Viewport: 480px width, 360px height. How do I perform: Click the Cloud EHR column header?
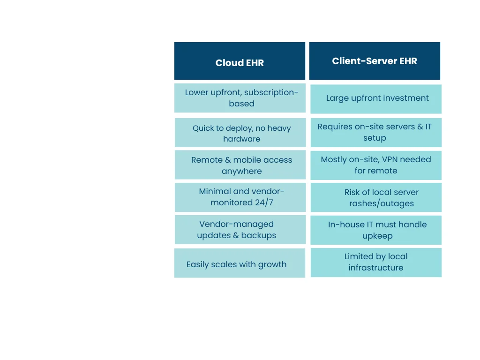[x=240, y=61]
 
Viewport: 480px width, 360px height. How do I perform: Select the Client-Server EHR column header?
[x=375, y=61]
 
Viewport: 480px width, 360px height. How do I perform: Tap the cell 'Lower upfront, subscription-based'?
[x=240, y=98]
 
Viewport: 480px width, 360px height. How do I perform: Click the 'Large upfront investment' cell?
[x=376, y=98]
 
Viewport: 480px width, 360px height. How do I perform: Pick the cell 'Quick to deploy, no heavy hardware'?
[x=240, y=133]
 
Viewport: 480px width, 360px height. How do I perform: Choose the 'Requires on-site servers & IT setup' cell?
[x=376, y=132]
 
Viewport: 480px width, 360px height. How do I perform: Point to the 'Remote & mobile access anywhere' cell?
[x=240, y=165]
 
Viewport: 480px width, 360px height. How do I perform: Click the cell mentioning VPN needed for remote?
[x=376, y=165]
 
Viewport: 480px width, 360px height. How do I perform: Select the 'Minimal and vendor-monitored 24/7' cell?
[x=240, y=197]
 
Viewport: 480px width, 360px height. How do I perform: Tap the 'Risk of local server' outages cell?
[x=376, y=197]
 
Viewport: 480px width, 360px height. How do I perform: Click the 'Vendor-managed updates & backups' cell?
[x=240, y=230]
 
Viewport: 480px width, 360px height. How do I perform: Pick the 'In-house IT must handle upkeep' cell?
[x=376, y=230]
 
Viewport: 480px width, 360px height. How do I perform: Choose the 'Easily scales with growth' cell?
[x=240, y=263]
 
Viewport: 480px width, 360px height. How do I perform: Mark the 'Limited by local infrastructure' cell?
[x=376, y=262]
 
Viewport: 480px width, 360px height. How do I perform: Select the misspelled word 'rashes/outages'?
[x=382, y=203]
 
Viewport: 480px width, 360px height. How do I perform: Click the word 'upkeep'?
[x=377, y=236]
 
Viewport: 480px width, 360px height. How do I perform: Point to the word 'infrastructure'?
[x=376, y=268]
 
